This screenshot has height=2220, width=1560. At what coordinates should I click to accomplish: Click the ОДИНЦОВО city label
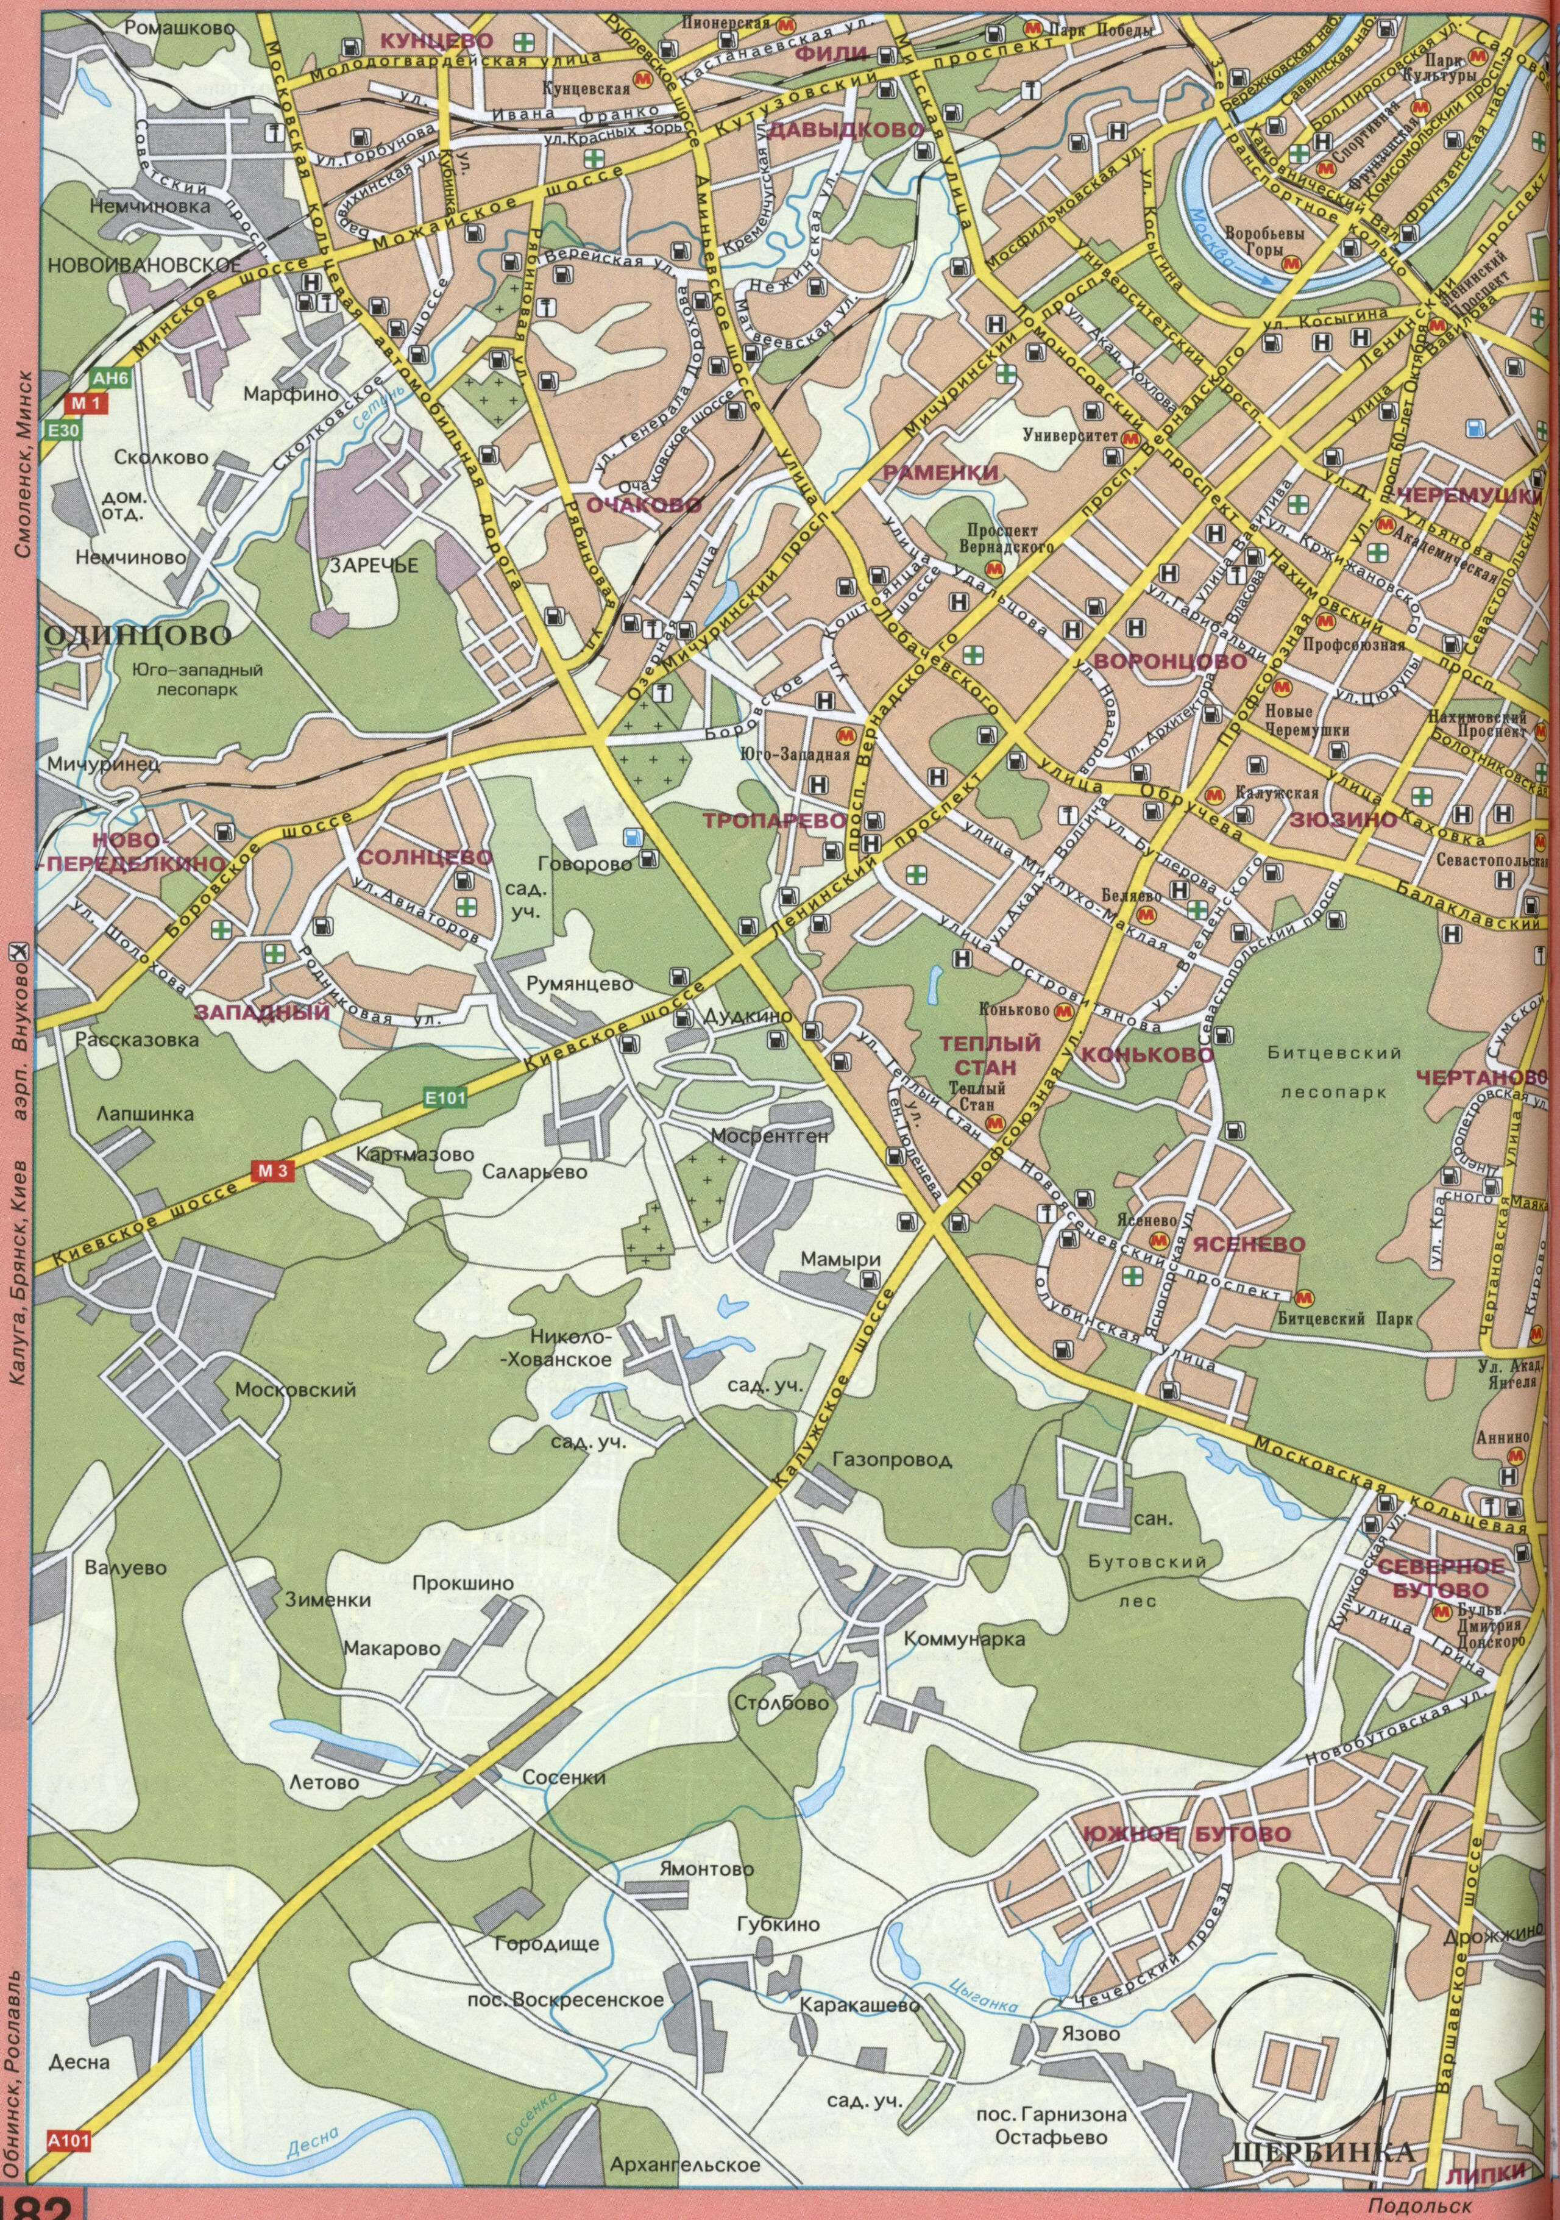[139, 635]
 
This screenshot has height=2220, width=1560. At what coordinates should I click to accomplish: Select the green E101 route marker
[445, 1098]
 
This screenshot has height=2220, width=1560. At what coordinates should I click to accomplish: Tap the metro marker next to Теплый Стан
[994, 1122]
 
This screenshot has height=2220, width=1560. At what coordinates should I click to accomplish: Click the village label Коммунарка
[963, 1640]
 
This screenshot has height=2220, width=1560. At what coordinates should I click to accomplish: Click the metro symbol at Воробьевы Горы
[1289, 262]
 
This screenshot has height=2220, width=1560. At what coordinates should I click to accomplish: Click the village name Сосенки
[564, 1777]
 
